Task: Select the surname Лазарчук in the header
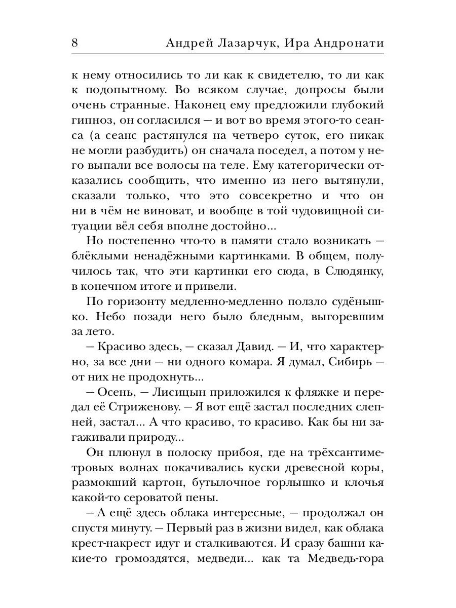pyautogui.click(x=245, y=44)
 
